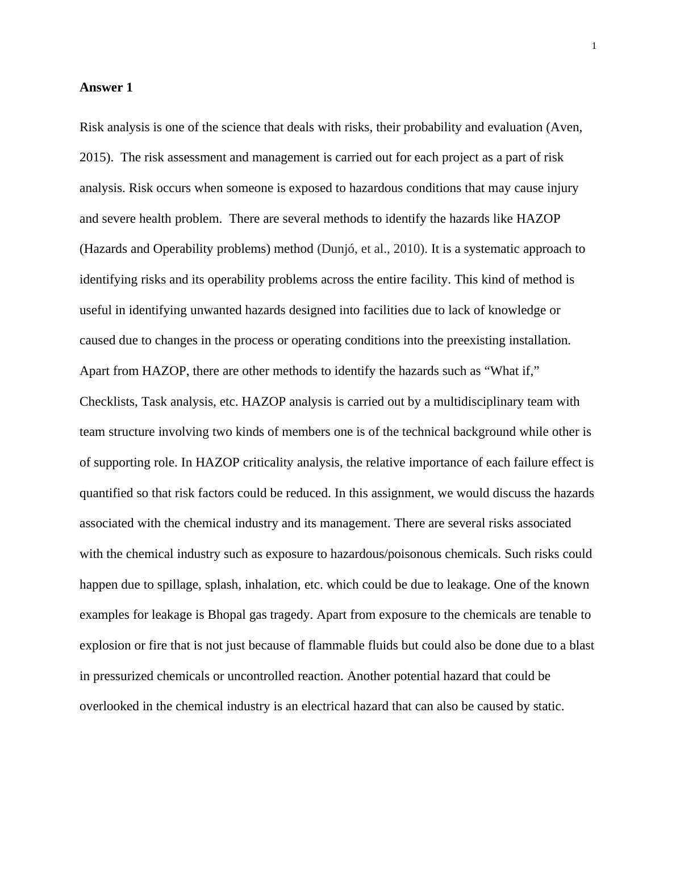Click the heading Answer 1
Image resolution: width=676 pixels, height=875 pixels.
click(x=106, y=88)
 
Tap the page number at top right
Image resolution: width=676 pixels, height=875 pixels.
click(x=594, y=46)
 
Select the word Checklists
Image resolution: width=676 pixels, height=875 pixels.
click(x=108, y=402)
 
